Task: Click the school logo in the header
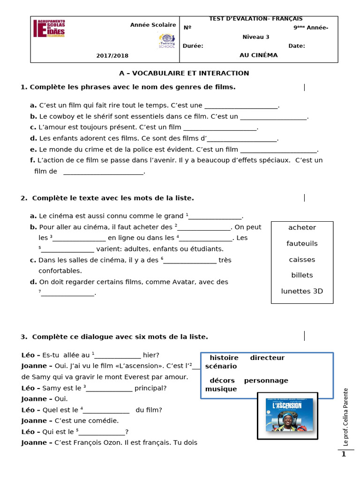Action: coord(49,29)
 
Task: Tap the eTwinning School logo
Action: coord(166,41)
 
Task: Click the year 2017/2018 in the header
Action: coord(112,55)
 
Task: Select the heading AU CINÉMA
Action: coord(258,55)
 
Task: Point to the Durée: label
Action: coord(193,45)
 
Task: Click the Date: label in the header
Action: coord(296,45)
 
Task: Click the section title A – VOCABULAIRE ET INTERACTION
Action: coord(184,73)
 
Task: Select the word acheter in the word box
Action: coord(302,227)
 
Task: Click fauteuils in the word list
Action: coord(302,243)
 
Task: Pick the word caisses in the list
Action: coord(302,259)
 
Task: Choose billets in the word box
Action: coord(302,275)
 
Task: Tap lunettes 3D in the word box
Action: coord(302,291)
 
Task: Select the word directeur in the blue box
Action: coord(267,358)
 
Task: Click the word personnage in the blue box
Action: coord(266,380)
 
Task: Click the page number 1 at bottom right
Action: coord(344,454)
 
